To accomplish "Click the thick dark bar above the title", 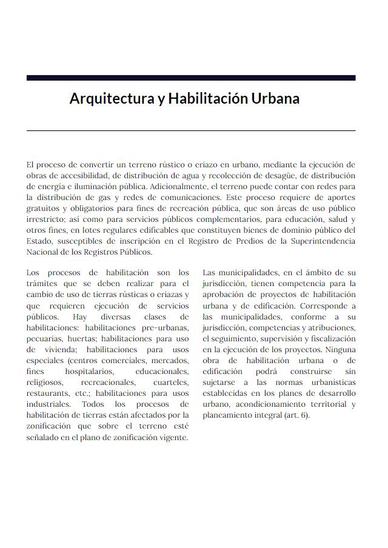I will (191, 78).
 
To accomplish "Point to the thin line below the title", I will (191, 130).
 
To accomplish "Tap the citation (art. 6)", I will (298, 415).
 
